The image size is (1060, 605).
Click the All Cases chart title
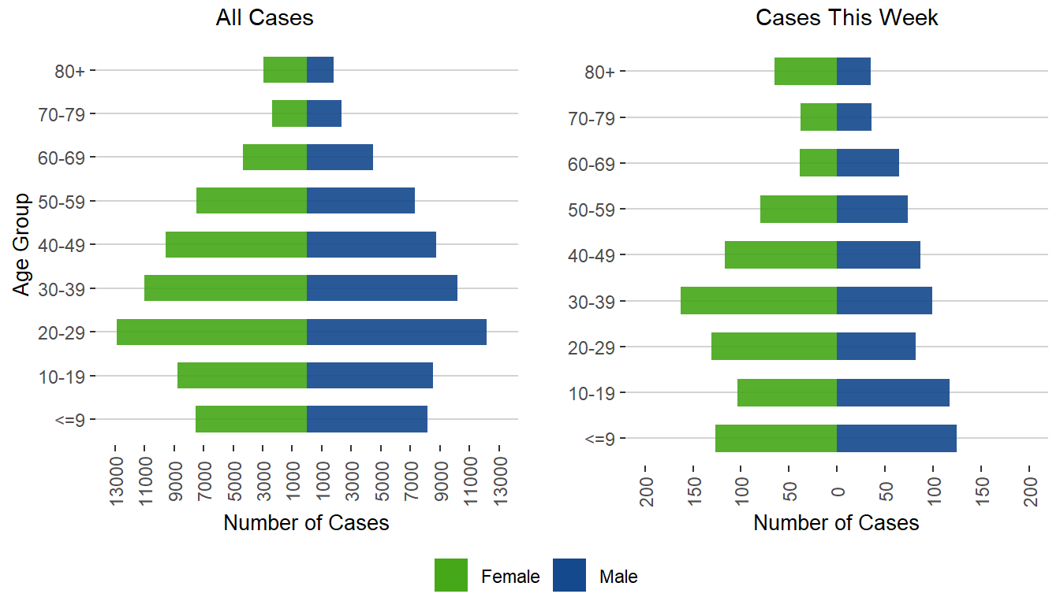tap(264, 18)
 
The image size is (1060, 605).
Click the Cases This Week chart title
tap(846, 18)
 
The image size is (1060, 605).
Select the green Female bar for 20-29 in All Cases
tap(211, 332)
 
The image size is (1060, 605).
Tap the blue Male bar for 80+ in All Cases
tap(320, 70)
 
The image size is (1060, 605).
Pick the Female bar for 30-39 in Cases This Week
tap(758, 301)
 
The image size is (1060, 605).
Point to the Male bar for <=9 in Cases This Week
tap(896, 438)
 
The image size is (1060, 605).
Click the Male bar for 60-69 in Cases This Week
tap(868, 163)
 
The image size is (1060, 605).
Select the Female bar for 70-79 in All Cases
tap(289, 113)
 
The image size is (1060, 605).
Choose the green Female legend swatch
tap(450, 576)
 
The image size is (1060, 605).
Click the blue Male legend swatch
tap(569, 576)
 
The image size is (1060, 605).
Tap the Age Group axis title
tap(22, 244)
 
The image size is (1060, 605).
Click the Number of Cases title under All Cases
tap(306, 522)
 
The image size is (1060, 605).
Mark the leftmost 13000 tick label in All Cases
tap(116, 477)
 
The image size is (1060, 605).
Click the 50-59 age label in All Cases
tap(66, 201)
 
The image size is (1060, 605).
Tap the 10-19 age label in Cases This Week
tap(596, 393)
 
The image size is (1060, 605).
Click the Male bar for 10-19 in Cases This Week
tap(893, 392)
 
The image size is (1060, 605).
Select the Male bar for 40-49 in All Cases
tap(371, 244)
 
